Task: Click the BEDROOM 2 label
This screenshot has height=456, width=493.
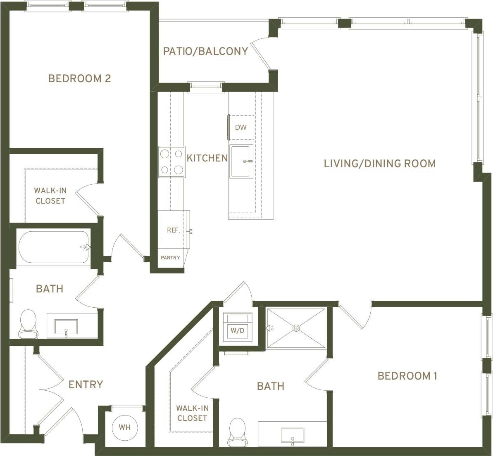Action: [80, 78]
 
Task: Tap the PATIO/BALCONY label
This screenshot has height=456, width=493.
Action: [205, 51]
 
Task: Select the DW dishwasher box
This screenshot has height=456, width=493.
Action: [241, 127]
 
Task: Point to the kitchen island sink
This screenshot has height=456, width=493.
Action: [241, 161]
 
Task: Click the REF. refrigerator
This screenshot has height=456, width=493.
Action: [173, 230]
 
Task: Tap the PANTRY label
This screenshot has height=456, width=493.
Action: [171, 258]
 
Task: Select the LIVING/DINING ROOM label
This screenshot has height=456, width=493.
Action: [379, 164]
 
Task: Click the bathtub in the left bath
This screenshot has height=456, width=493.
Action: [54, 247]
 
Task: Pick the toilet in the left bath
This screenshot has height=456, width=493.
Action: [28, 323]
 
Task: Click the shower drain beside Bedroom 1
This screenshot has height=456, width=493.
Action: [296, 328]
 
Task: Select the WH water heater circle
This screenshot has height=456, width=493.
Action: [125, 427]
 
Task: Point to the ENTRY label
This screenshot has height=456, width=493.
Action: [86, 385]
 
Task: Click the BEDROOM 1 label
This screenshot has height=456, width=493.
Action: [407, 376]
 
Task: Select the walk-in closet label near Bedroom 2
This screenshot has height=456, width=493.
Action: [50, 196]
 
